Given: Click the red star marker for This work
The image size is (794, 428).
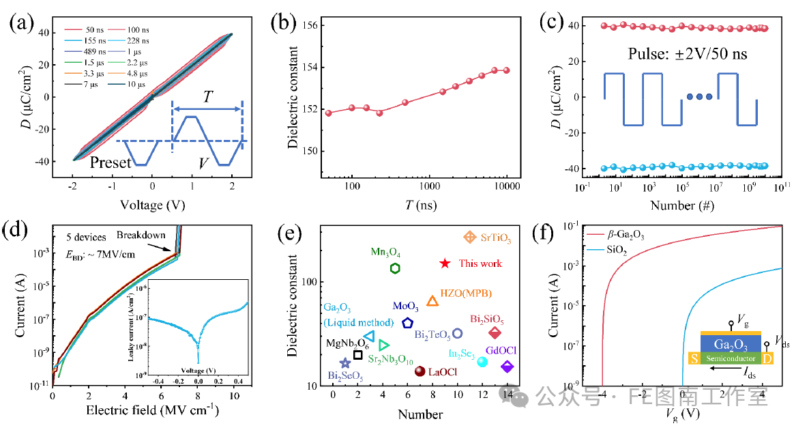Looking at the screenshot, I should pyautogui.click(x=445, y=263).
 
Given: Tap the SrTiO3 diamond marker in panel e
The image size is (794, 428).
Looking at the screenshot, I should pyautogui.click(x=469, y=237).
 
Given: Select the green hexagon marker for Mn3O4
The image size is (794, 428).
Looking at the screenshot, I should pyautogui.click(x=395, y=268).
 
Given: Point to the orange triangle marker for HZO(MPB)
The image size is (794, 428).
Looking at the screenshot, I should pyautogui.click(x=432, y=301).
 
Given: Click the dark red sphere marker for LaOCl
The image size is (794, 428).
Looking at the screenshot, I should pyautogui.click(x=420, y=371).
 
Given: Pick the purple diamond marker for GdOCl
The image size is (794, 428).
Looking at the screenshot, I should pyautogui.click(x=507, y=367).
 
